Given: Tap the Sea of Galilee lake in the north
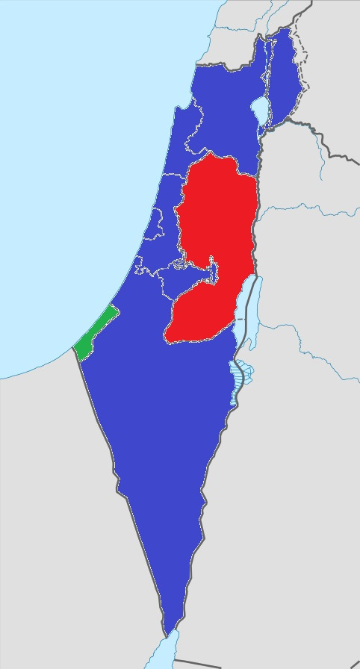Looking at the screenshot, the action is [261, 110].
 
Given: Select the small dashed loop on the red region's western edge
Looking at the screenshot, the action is [179, 264].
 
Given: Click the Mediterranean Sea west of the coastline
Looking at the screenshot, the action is [75, 187].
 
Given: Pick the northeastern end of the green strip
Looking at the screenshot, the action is [111, 310].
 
